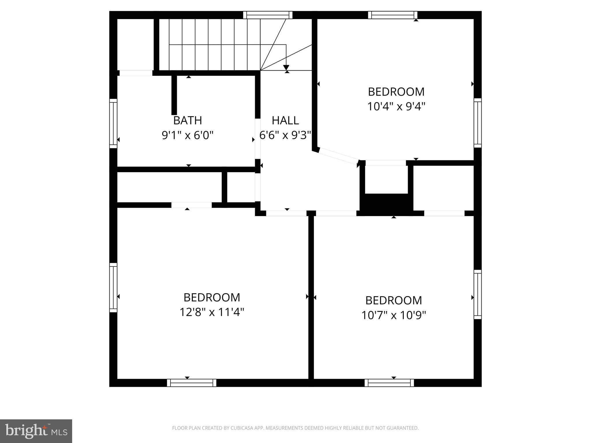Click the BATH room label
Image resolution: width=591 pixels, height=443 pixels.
[187, 120]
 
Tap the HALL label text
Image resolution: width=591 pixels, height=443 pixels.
[285, 120]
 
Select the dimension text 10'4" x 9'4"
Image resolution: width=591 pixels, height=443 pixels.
[396, 106]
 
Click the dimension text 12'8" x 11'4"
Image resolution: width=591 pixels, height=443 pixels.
[212, 312]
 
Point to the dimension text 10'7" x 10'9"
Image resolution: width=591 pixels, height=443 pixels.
[394, 315]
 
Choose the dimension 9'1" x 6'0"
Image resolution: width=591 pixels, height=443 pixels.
[187, 135]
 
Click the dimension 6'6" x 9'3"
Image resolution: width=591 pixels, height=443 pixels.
[285, 135]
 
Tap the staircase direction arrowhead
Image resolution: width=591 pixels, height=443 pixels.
[286, 68]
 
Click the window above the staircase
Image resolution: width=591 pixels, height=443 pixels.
[268, 15]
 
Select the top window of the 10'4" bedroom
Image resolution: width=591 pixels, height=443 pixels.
[393, 15]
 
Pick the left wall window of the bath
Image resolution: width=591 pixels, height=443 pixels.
[113, 123]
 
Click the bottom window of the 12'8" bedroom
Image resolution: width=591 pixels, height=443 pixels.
[192, 383]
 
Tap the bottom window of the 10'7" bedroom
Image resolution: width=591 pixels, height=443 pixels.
[389, 383]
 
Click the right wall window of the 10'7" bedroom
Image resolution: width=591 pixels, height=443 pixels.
[478, 294]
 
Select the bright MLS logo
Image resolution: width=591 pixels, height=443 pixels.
[36, 431]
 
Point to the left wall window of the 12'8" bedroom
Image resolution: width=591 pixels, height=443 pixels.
[113, 288]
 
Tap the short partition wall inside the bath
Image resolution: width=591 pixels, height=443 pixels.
[174, 95]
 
